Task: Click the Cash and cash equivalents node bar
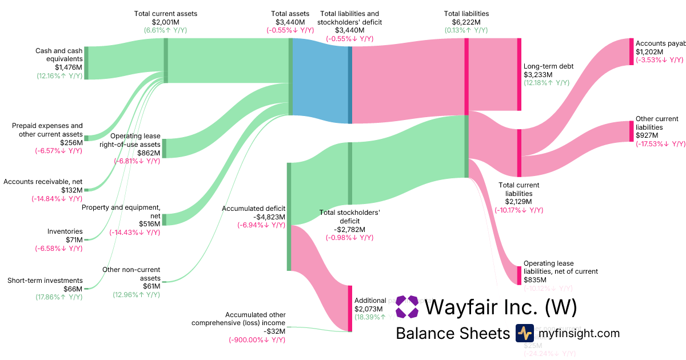click(86, 63)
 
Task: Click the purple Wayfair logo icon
click(407, 307)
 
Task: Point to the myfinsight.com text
click(578, 333)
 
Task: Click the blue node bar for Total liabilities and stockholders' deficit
click(350, 85)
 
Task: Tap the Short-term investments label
click(45, 281)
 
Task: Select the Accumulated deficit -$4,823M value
click(261, 217)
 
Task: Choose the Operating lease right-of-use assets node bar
click(164, 148)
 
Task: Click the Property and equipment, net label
click(121, 211)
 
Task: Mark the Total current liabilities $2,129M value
click(519, 202)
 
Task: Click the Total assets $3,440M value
click(290, 22)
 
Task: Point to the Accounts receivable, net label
click(43, 182)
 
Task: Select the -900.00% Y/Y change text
click(257, 339)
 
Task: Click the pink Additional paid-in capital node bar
click(350, 308)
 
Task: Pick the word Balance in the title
click(424, 333)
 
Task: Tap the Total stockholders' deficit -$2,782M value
click(349, 229)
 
